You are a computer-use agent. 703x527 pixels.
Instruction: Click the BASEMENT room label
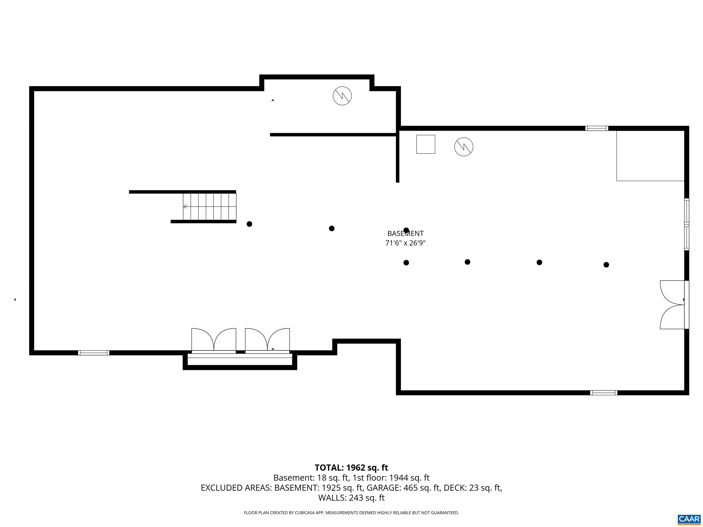pyautogui.click(x=405, y=234)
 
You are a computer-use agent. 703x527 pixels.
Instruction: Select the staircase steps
pyautogui.click(x=209, y=207)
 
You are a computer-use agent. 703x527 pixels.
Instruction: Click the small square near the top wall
pyautogui.click(x=426, y=144)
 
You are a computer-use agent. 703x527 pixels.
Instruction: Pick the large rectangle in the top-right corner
pyautogui.click(x=650, y=156)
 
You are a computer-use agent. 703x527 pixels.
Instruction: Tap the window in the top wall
pyautogui.click(x=597, y=128)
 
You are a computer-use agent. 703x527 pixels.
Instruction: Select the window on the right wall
pyautogui.click(x=687, y=224)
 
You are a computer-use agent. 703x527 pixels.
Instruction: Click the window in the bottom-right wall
pyautogui.click(x=603, y=393)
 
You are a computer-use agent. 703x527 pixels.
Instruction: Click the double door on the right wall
pyautogui.click(x=673, y=305)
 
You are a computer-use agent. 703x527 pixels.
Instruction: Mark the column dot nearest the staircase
pyautogui.click(x=249, y=224)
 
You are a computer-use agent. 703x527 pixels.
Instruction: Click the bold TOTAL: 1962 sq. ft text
pyautogui.click(x=351, y=468)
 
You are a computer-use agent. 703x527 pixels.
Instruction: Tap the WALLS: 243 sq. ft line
pyautogui.click(x=351, y=497)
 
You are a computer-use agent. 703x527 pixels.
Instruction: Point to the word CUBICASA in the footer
pyautogui.click(x=307, y=513)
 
